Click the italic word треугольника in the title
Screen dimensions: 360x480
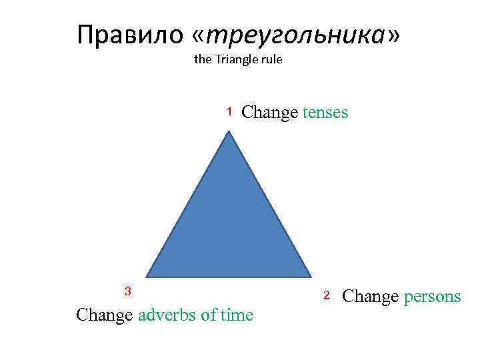click(x=297, y=35)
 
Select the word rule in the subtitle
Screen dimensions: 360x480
click(x=272, y=59)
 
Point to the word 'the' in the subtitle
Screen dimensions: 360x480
click(x=202, y=59)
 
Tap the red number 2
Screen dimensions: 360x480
click(x=327, y=295)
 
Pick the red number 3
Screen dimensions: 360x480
click(x=128, y=290)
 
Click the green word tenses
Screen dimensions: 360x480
click(x=325, y=112)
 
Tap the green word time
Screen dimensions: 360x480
click(x=236, y=315)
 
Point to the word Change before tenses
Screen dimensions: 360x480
click(x=269, y=113)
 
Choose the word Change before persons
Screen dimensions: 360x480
click(x=370, y=297)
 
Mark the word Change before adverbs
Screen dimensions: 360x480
click(x=105, y=315)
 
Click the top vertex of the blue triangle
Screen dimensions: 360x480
click(x=229, y=132)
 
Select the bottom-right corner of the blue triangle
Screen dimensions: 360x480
click(x=311, y=275)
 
